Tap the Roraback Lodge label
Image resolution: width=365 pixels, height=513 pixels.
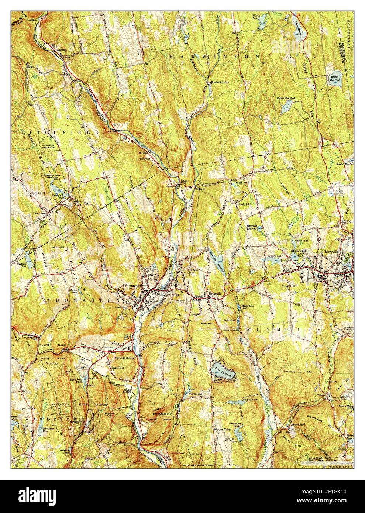click(222, 82)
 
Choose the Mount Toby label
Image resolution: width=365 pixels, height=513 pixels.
click(223, 430)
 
